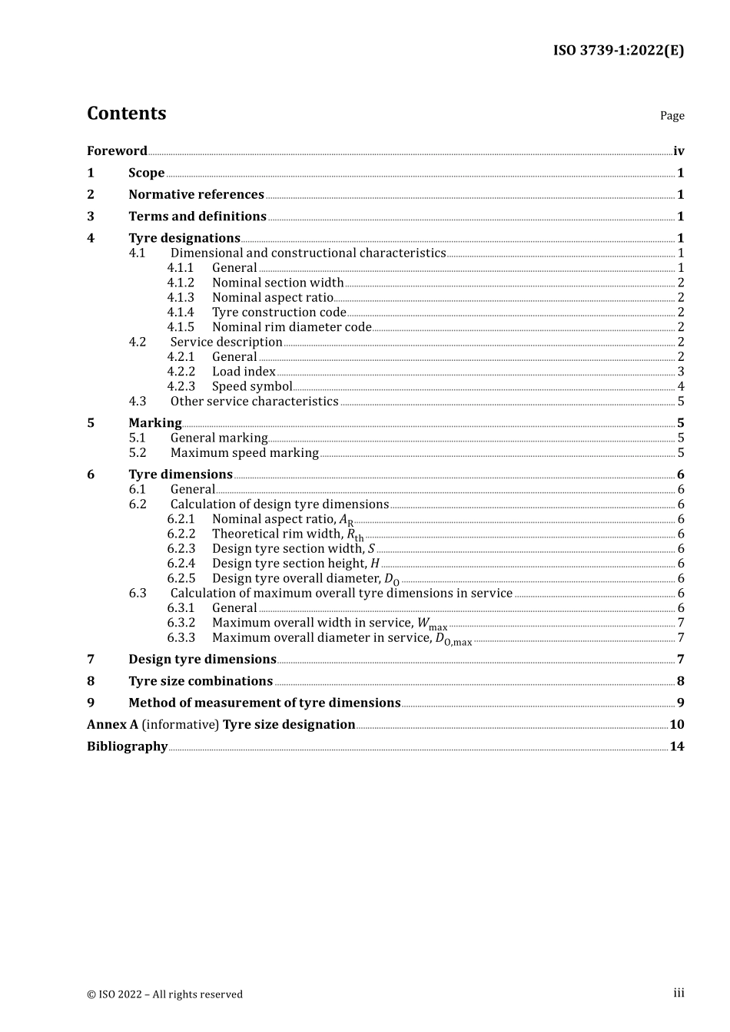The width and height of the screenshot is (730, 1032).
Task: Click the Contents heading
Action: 126,114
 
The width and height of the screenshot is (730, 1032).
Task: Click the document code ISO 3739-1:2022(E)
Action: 618,51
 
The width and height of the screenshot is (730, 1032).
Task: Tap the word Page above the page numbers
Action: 672,116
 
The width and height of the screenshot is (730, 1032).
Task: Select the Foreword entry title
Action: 117,151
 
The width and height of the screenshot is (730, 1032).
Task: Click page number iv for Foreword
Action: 679,151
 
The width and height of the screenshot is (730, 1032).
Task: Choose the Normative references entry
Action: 196,195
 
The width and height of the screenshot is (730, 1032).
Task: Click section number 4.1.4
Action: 181,313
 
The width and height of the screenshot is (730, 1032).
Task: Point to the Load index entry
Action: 244,372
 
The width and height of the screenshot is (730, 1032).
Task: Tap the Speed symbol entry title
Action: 252,387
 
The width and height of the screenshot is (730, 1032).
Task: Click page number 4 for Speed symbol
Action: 681,387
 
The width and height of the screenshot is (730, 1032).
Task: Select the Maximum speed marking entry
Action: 244,453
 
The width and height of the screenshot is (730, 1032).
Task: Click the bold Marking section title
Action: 155,423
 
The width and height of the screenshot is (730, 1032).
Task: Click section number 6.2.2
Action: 181,534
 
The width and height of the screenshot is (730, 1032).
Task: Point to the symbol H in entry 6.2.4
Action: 375,564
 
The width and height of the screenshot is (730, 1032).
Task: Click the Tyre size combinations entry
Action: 201,681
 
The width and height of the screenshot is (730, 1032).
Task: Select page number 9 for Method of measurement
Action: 681,703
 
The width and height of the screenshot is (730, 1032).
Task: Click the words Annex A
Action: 112,725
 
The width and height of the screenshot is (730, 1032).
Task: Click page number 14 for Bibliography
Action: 677,746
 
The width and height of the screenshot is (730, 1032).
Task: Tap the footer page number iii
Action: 679,993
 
